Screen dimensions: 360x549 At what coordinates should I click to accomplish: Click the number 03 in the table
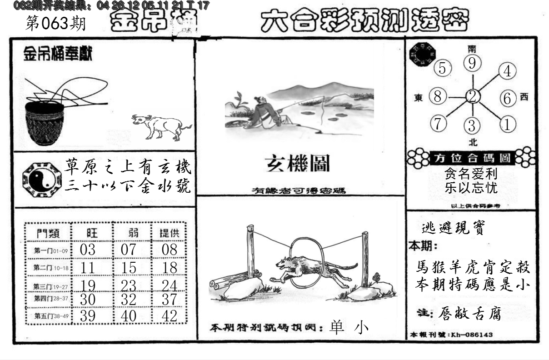coord(87,250)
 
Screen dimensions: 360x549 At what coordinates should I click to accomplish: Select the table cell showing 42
coord(170,315)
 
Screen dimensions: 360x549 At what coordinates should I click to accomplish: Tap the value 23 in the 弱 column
coord(129,285)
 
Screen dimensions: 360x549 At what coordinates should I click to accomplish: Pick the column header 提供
coord(169,233)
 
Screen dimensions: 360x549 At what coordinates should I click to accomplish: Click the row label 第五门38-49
coord(48,315)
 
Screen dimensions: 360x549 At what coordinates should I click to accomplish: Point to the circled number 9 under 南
coord(472,63)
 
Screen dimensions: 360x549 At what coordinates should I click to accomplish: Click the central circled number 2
coord(473,96)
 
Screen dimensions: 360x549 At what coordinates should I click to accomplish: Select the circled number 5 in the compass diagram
coord(442,69)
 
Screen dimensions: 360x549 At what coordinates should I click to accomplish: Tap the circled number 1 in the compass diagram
coord(507,124)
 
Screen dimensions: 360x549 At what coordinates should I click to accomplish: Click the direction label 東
coord(419,97)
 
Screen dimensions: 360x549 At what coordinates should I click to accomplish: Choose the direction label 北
coord(473,142)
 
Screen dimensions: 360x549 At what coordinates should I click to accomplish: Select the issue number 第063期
coord(56,24)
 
